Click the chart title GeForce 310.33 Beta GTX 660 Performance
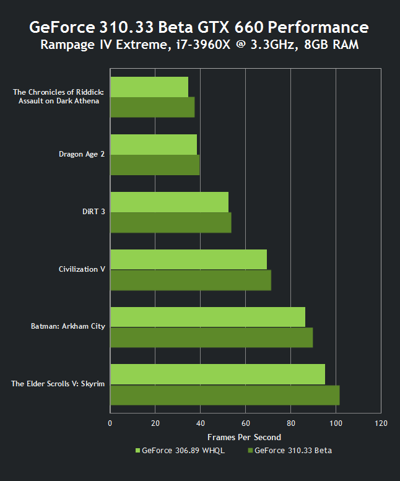[199, 27]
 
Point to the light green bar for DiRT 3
[169, 202]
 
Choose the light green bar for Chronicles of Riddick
[149, 87]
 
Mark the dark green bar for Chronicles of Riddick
[152, 107]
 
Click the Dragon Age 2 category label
[82, 154]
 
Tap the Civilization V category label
[82, 269]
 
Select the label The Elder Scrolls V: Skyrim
[58, 384]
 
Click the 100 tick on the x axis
[336, 423]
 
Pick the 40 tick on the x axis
[200, 423]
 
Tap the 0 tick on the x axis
[110, 423]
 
